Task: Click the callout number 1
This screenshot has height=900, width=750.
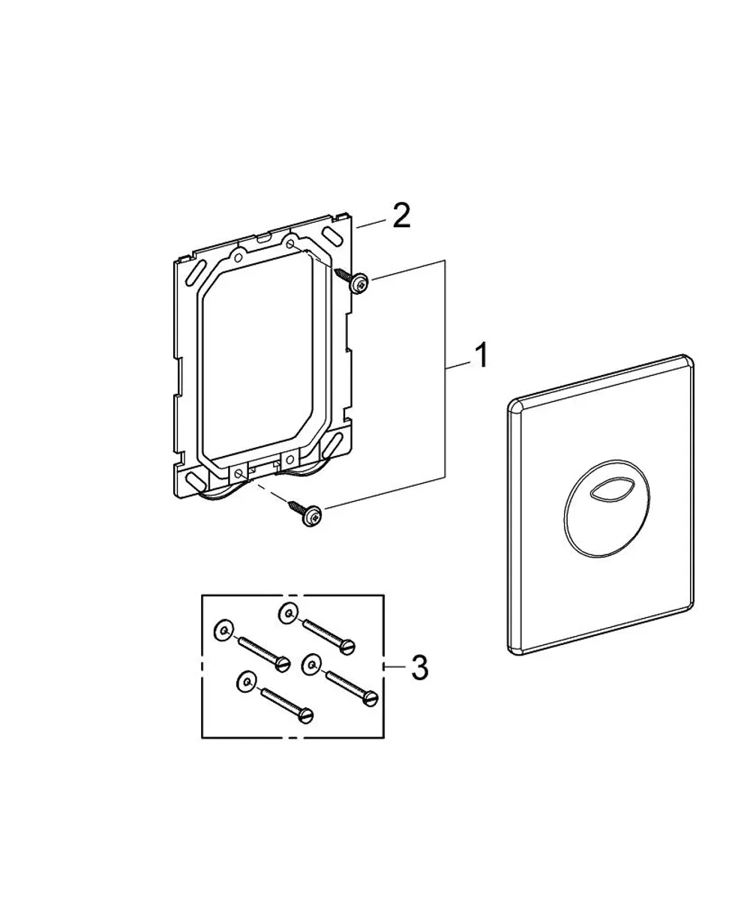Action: pos(481,355)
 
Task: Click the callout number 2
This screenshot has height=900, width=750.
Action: pos(401,216)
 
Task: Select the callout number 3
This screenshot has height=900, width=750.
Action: pos(419,667)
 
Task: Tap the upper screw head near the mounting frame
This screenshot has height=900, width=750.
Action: pos(359,283)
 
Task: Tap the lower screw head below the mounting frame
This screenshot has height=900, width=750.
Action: pos(312,515)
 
